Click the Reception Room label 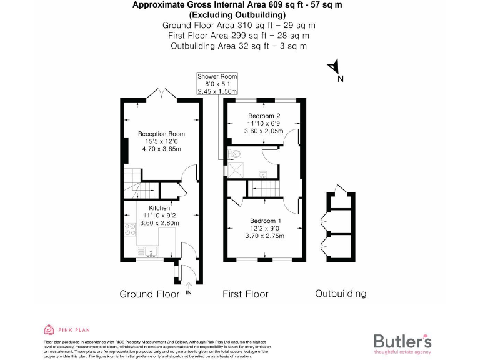[x=161, y=134]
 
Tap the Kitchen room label [x=159, y=207]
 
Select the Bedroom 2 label [x=264, y=116]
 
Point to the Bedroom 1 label [x=266, y=221]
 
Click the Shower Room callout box [x=217, y=83]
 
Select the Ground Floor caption [x=149, y=294]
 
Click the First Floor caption [x=246, y=294]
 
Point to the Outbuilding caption [x=341, y=294]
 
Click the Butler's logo [x=402, y=342]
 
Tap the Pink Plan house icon [x=49, y=329]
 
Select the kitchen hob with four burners [x=131, y=229]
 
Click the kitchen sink [x=150, y=251]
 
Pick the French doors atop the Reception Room [x=162, y=93]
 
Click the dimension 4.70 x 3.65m [x=161, y=149]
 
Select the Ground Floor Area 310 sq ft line [x=239, y=26]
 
